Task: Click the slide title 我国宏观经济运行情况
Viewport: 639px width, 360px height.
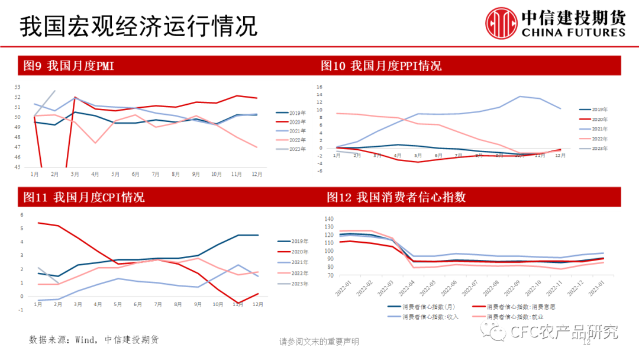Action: [138, 26]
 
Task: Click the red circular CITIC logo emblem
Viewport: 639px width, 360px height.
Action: [502, 22]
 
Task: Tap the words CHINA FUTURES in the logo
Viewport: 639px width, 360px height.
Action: [573, 33]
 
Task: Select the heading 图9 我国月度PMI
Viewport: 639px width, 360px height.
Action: [69, 66]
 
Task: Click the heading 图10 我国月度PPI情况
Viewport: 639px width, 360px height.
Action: [381, 66]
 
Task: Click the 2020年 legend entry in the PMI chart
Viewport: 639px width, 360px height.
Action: [296, 122]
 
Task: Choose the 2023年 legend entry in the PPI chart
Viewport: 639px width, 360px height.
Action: [598, 148]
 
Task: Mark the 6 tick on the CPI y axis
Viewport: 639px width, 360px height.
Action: [22, 215]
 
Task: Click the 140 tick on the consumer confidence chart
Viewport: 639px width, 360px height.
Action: [330, 218]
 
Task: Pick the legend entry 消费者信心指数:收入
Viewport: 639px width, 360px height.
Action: [430, 317]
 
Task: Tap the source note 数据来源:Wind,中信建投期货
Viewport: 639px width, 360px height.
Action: [94, 340]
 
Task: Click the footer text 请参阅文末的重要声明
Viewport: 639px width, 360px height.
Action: [319, 342]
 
